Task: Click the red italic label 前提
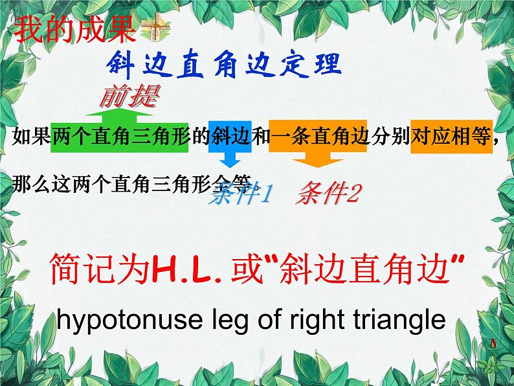click(128, 98)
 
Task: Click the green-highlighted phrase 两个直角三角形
click(121, 137)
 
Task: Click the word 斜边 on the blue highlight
click(227, 137)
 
